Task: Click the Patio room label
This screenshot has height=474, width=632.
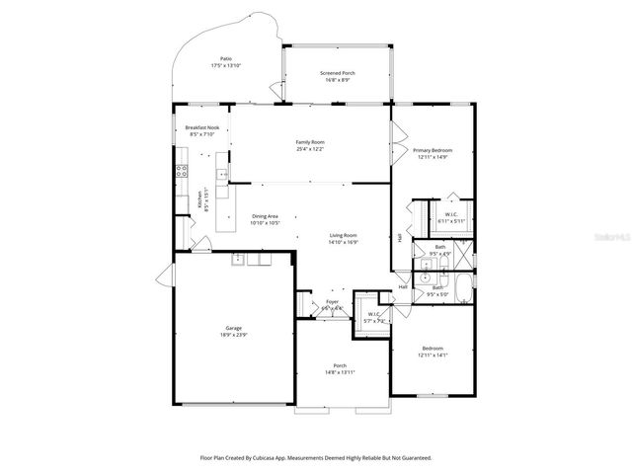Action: coord(225,59)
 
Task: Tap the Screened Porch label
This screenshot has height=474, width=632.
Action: coord(337,73)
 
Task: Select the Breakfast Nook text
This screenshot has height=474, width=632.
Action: coord(201,128)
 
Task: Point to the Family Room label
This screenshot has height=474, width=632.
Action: coord(310,142)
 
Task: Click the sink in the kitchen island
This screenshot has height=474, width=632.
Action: coord(224,174)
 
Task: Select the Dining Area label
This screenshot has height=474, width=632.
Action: coord(265,216)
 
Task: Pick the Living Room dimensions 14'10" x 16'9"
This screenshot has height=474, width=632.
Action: coord(344,241)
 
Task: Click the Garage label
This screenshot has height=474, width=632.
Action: coord(233,328)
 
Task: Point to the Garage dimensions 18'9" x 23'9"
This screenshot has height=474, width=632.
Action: coord(233,335)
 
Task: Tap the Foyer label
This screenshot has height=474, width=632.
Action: coord(332,303)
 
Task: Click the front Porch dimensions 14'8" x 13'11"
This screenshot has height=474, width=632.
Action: coord(340,372)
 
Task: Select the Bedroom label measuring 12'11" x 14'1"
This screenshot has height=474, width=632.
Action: coord(433,348)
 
